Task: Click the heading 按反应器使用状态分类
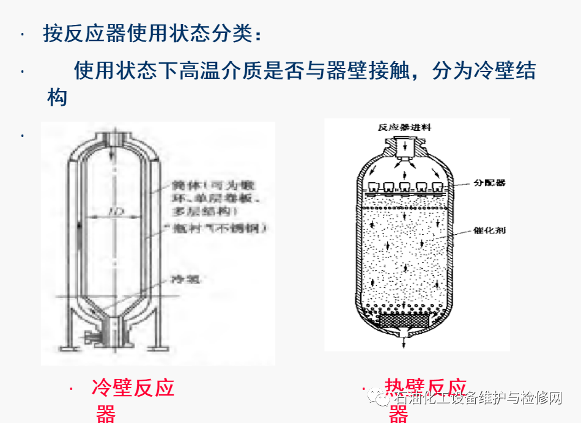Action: (152, 34)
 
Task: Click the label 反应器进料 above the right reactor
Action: (404, 128)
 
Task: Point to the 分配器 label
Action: (489, 183)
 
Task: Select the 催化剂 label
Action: (489, 230)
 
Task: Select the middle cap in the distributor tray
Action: (404, 186)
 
